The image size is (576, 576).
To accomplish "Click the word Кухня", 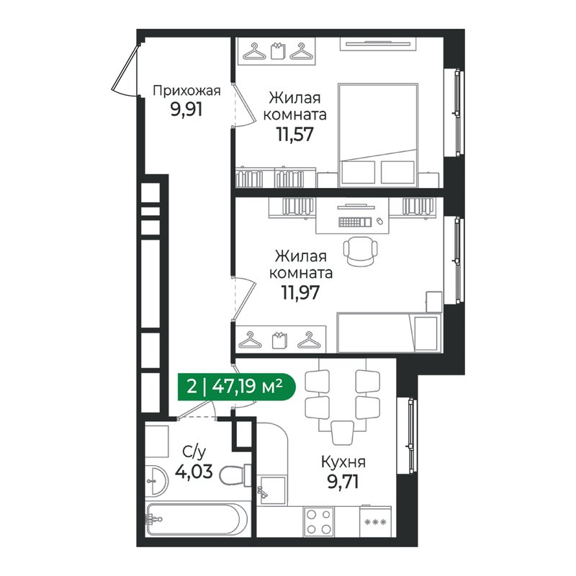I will click(x=343, y=462).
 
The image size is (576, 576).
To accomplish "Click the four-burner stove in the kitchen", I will click(x=320, y=522).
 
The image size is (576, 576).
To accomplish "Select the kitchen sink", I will click(x=271, y=487).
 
